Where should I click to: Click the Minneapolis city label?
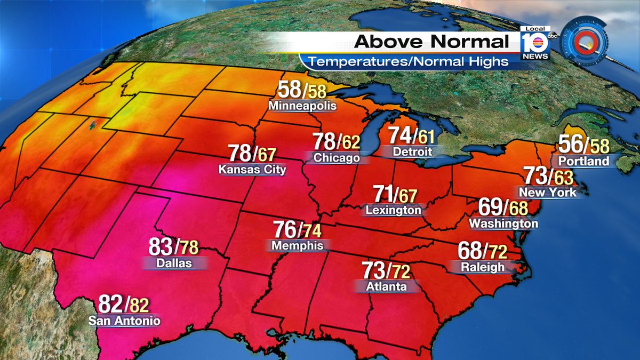(302, 106)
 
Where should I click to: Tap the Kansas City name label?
(252, 170)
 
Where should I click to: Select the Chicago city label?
(336, 158)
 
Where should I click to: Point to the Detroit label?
(412, 151)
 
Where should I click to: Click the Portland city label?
(583, 161)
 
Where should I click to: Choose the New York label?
(548, 192)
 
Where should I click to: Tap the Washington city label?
(503, 223)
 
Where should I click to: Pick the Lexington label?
(393, 210)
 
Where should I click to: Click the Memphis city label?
(297, 245)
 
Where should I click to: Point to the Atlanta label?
(387, 286)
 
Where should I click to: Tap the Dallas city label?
(174, 263)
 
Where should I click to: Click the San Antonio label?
(124, 321)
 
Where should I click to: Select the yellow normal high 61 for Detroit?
(426, 137)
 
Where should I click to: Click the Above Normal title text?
(432, 42)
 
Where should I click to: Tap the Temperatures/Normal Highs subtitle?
(409, 61)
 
